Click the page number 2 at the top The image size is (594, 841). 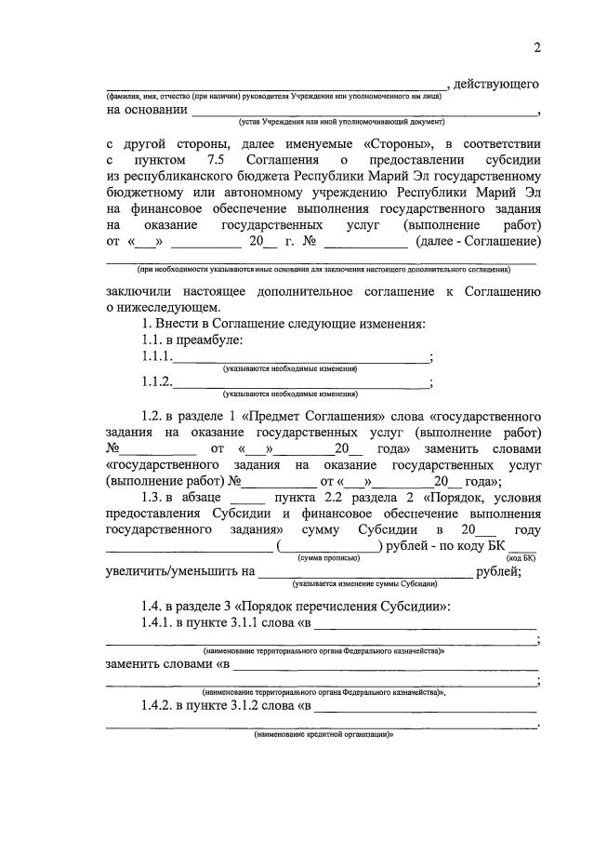[x=536, y=48]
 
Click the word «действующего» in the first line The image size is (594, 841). [x=495, y=85]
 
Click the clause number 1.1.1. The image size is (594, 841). [x=157, y=356]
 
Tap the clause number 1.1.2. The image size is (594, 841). [x=157, y=380]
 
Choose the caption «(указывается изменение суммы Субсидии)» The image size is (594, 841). [x=363, y=584]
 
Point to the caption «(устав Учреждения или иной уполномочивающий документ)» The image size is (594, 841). [x=342, y=121]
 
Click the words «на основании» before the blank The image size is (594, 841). [x=146, y=109]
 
